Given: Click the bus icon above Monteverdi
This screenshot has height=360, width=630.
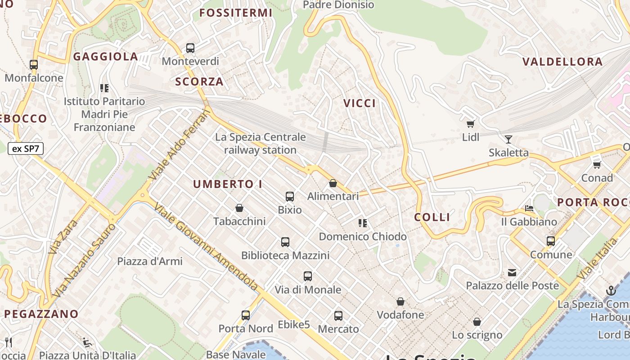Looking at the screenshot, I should pos(190,48).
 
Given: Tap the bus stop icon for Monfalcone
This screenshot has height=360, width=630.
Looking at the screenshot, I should pos(34,64).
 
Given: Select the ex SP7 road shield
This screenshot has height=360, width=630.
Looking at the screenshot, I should pos(26,148).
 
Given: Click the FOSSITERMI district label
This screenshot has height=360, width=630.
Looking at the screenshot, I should pos(236,13).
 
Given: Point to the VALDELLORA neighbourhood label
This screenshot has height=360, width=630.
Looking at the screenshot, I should pos(562,62).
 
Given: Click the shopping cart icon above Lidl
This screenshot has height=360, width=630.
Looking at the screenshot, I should pos(471,124).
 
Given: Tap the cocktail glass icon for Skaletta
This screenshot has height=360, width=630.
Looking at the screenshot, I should pos(508,139).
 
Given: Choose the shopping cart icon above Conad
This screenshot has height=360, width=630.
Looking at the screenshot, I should pos(597,165).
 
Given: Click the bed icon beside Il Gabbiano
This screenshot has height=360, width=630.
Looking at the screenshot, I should pos(529,208).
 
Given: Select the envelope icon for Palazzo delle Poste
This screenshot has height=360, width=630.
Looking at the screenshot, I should pos(512,272).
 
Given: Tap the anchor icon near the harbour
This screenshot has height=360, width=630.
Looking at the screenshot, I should pos(611,291).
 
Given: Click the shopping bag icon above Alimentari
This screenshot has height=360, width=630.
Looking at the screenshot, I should pos(333,183).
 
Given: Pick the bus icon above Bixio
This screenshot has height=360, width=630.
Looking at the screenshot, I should pos(290,196).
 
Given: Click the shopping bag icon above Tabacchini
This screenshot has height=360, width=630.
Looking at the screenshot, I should pos(239,208).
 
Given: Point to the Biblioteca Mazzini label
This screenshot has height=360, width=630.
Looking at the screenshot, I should pos(285,255).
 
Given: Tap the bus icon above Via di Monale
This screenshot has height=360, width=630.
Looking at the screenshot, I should pos(308,276).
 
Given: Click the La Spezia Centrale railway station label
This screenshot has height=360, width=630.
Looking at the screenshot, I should pos(261,143).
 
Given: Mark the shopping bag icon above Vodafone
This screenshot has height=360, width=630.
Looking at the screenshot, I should pos(400,301).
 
